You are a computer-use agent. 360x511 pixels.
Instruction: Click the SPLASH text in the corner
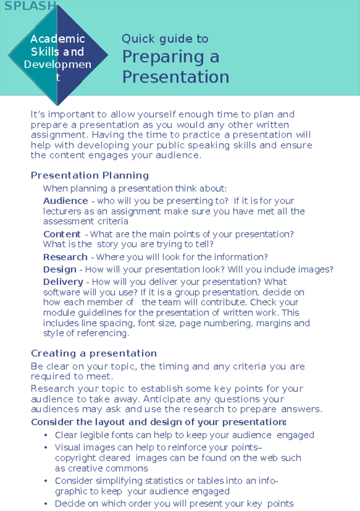[x=30, y=6]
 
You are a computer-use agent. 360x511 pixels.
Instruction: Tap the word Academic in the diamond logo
[x=58, y=39]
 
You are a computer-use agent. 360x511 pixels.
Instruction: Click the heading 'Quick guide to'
[x=165, y=39]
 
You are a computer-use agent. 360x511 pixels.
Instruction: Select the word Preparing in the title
[x=163, y=57]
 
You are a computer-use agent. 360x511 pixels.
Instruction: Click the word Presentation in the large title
[x=176, y=77]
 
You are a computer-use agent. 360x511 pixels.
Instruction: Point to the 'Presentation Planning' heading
[x=90, y=175]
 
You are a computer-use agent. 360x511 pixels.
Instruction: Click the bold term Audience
[x=65, y=201]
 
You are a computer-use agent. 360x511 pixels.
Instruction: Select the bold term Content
[x=62, y=234]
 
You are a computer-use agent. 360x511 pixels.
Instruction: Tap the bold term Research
[x=65, y=257]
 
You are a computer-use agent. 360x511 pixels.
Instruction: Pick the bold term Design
[x=60, y=269]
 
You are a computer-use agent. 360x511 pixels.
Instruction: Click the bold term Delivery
[x=63, y=282]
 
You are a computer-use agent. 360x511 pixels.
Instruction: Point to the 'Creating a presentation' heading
[x=94, y=353]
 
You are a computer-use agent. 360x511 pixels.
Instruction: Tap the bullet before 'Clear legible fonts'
[x=46, y=435]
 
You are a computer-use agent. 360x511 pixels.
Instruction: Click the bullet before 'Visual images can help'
[x=46, y=448]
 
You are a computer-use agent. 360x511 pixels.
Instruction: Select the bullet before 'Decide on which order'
[x=46, y=504]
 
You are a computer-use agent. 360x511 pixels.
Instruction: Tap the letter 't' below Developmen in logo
[x=58, y=77]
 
